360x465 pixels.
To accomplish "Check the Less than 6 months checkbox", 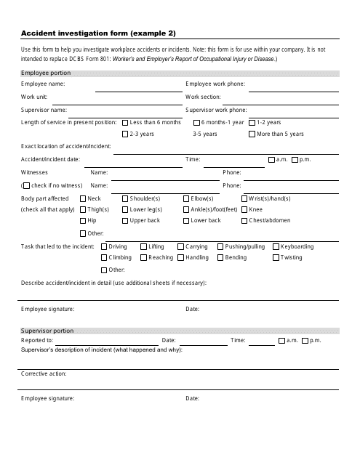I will click(126, 123).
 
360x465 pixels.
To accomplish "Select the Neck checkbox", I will click(84, 198).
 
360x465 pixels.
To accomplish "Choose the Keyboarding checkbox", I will click(276, 247).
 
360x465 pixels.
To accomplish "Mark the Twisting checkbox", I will click(276, 258).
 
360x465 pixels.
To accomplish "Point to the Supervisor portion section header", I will click(47, 331).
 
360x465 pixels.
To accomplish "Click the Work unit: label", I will click(35, 97).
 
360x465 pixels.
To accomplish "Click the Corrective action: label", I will click(44, 373).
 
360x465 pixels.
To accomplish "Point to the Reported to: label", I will click(37, 340).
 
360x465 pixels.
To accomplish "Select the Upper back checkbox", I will click(126, 220).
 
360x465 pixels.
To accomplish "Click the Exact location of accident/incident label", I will click(66, 147).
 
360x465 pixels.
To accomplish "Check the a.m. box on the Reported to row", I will click(281, 340).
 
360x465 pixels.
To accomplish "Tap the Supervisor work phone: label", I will click(215, 110).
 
